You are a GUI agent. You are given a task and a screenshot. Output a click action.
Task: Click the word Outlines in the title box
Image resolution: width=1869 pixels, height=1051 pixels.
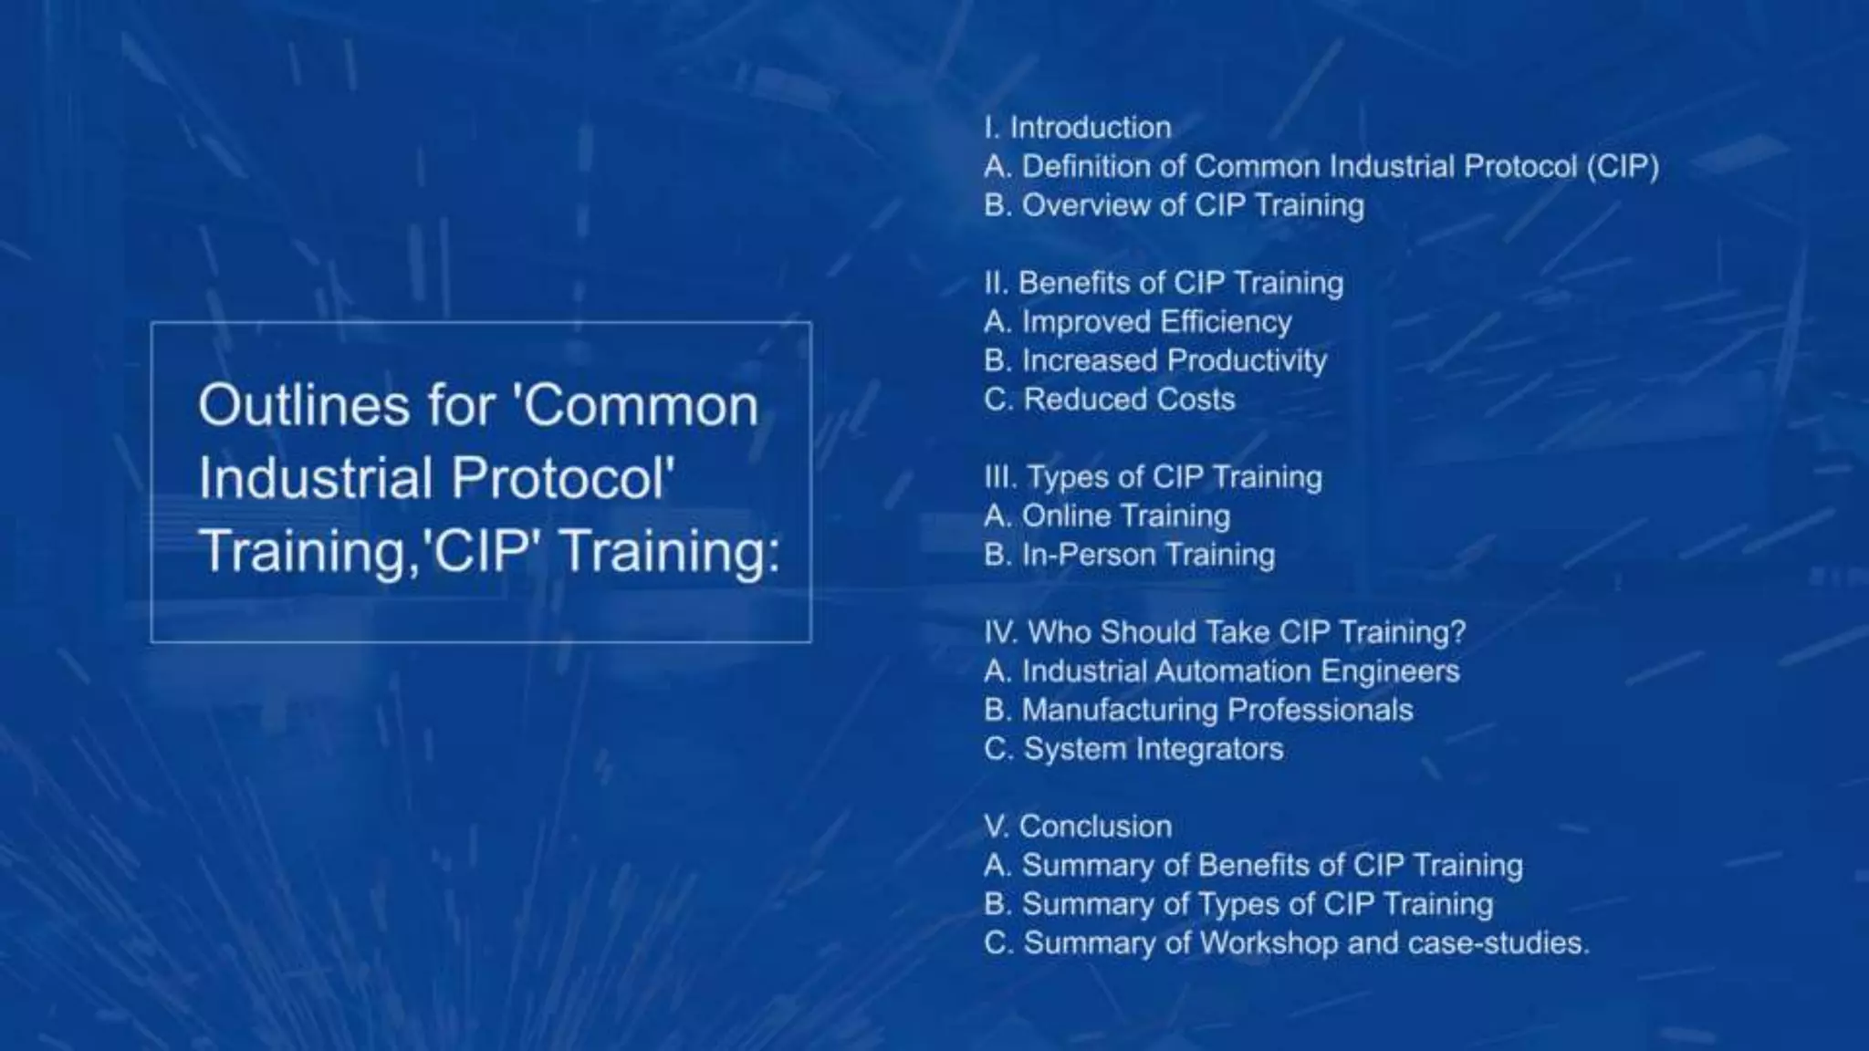point(304,405)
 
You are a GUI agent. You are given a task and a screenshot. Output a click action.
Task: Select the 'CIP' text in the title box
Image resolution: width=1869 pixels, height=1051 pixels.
point(483,551)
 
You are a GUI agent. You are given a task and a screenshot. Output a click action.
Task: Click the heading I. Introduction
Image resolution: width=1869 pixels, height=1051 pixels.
point(1078,128)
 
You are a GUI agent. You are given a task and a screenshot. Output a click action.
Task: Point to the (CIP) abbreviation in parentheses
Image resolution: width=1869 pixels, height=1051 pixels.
point(1622,167)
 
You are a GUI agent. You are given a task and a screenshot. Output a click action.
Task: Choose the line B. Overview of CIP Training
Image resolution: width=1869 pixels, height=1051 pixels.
point(1174,205)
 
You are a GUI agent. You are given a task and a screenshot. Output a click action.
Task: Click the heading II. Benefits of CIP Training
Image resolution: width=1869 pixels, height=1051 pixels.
point(1164,283)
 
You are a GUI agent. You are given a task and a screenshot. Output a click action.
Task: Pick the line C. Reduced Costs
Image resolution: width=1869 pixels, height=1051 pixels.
point(1110,400)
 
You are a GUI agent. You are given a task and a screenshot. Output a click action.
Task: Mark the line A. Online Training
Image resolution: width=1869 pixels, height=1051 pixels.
point(1107,516)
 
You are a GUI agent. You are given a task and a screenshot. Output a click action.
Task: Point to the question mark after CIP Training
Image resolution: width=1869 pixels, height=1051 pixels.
point(1457,632)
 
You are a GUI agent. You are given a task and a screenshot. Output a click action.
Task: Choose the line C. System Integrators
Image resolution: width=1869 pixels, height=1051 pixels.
point(1133,749)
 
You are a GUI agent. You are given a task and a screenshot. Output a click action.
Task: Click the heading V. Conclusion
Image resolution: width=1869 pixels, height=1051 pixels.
point(1078,827)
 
